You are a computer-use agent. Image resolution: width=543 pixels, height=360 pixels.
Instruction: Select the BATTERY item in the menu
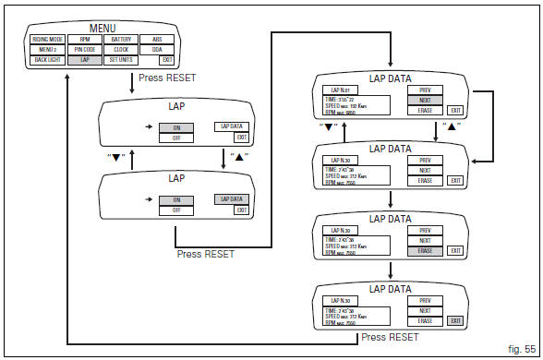120,40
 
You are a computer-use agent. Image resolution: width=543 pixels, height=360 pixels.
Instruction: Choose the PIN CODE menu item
84,49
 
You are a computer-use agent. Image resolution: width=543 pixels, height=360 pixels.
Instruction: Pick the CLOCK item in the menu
120,49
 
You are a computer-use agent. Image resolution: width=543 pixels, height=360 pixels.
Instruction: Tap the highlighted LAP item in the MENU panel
84,59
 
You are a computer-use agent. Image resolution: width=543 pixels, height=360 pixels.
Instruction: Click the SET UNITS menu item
120,59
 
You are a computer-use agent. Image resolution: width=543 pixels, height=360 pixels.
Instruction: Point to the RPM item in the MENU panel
84,40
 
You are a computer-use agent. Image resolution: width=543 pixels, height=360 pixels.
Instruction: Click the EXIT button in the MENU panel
165,59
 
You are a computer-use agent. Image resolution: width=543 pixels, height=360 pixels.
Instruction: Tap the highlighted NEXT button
424,99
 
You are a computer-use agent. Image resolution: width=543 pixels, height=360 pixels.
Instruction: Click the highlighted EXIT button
454,320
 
